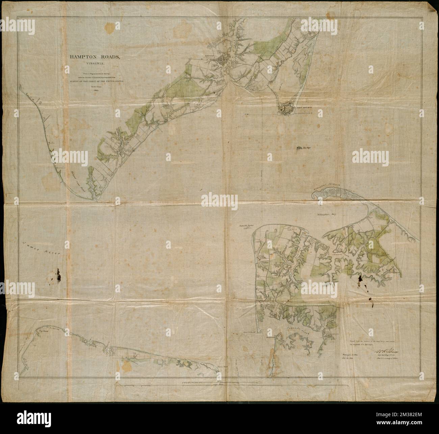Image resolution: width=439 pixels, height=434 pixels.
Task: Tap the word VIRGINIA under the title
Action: [x=94, y=63]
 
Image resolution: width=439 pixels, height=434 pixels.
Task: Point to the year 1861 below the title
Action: [x=94, y=91]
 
